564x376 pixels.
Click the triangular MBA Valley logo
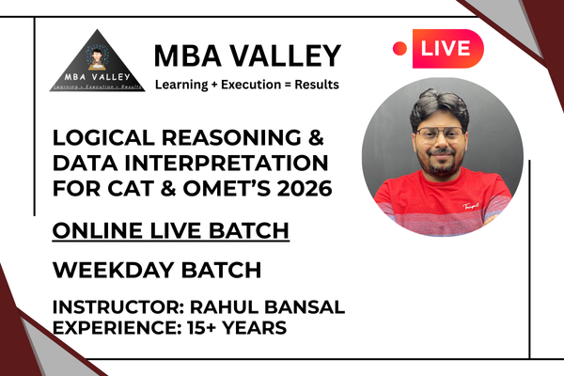tap(91, 61)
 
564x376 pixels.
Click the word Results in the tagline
tap(314, 85)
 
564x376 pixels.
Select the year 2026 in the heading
tap(301, 189)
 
